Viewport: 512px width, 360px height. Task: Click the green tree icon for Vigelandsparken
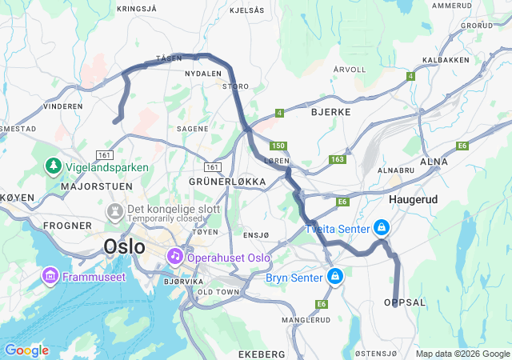54,166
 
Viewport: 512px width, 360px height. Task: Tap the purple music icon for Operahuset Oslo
174,255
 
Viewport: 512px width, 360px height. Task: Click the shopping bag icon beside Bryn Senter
335,277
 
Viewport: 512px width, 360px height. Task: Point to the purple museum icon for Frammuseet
50,276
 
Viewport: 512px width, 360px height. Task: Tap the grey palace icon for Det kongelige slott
114,212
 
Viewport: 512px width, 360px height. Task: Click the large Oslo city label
125,246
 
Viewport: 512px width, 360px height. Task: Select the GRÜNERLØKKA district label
226,182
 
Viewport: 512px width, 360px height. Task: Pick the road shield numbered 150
278,146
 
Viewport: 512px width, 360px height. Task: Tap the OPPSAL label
405,302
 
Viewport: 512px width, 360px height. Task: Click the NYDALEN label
202,74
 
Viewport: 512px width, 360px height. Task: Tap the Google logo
26,350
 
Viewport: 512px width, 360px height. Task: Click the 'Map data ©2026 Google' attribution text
462,354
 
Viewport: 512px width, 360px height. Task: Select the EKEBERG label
262,353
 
